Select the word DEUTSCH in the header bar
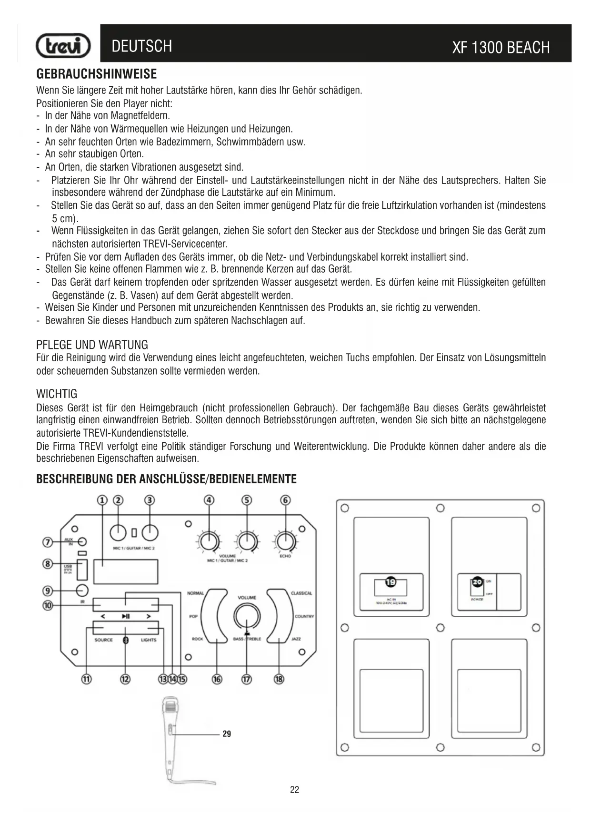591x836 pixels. pyautogui.click(x=141, y=46)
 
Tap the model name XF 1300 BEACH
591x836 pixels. pyautogui.click(x=501, y=48)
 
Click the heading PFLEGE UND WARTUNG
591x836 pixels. pyautogui.click(x=92, y=345)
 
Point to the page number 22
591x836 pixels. pyautogui.click(x=294, y=790)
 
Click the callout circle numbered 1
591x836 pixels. pyautogui.click(x=102, y=500)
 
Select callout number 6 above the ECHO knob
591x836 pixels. pyautogui.click(x=285, y=500)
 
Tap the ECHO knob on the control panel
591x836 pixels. pyautogui.click(x=285, y=541)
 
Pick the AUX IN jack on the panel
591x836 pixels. pyautogui.click(x=82, y=542)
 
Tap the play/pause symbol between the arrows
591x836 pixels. pyautogui.click(x=126, y=616)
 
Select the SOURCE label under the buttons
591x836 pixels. pyautogui.click(x=103, y=640)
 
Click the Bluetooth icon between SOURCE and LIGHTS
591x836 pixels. pyautogui.click(x=126, y=640)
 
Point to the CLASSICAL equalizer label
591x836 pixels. pyautogui.click(x=301, y=593)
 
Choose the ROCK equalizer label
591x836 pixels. pyautogui.click(x=197, y=639)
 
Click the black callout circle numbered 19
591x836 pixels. pyautogui.click(x=391, y=582)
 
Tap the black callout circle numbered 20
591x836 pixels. pyautogui.click(x=477, y=582)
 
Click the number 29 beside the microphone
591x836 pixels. pyautogui.click(x=227, y=734)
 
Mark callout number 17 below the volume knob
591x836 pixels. pyautogui.click(x=246, y=679)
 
